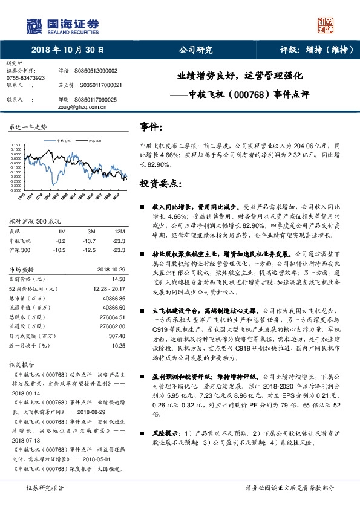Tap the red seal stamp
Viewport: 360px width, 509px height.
(327, 25)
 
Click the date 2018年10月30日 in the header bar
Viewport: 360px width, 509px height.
(67, 50)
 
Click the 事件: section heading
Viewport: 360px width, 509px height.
(151, 127)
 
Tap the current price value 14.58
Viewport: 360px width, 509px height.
(119, 279)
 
